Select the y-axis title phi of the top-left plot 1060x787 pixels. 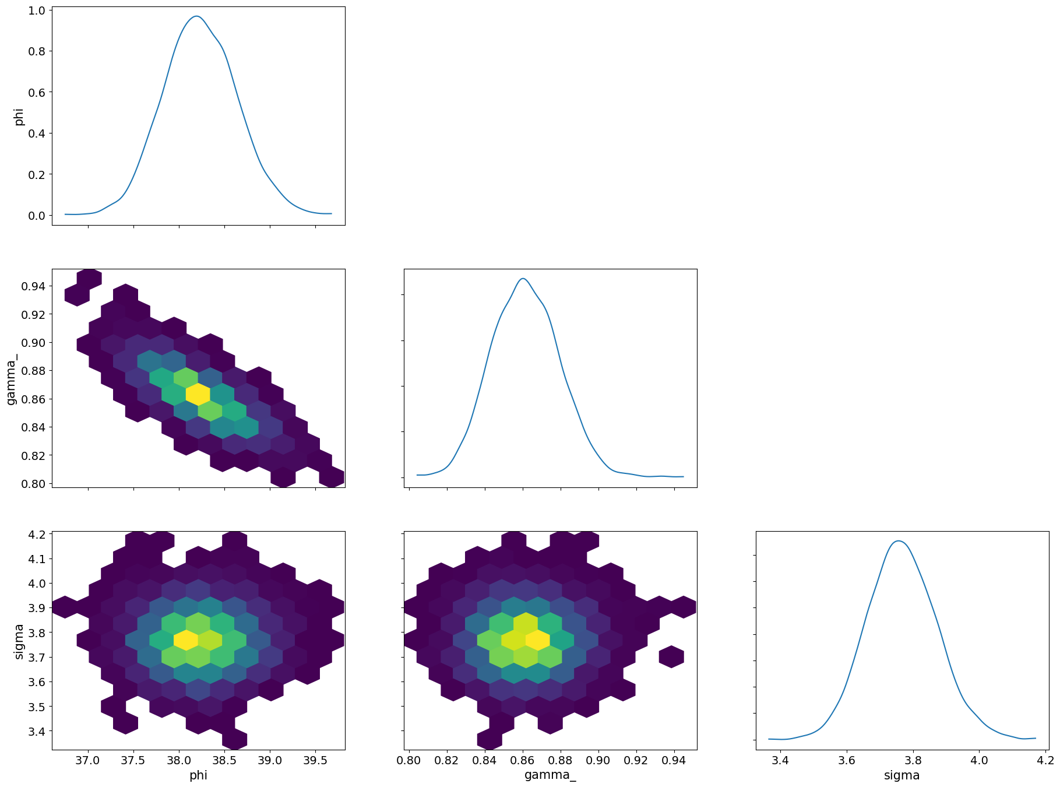(x=19, y=116)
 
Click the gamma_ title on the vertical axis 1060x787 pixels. (x=11, y=378)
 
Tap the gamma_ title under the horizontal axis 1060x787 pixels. (x=550, y=775)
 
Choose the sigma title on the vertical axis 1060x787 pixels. (x=19, y=641)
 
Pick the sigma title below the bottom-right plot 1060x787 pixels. (x=901, y=775)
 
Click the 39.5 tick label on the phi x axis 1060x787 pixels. (x=315, y=761)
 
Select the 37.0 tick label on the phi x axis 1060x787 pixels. (x=89, y=761)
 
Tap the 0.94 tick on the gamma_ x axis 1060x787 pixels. (x=674, y=761)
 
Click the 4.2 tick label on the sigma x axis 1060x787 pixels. (x=1045, y=761)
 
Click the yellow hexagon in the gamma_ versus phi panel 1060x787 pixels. (x=198, y=394)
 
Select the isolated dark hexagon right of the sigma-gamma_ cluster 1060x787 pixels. (x=671, y=657)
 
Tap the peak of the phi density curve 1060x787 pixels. (x=197, y=16)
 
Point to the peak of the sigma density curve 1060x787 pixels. (x=899, y=541)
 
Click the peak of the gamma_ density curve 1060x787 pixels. (x=523, y=279)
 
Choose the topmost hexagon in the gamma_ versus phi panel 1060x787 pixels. (x=89, y=277)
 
